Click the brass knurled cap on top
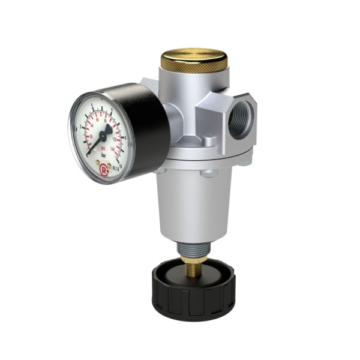coord(193,61)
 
